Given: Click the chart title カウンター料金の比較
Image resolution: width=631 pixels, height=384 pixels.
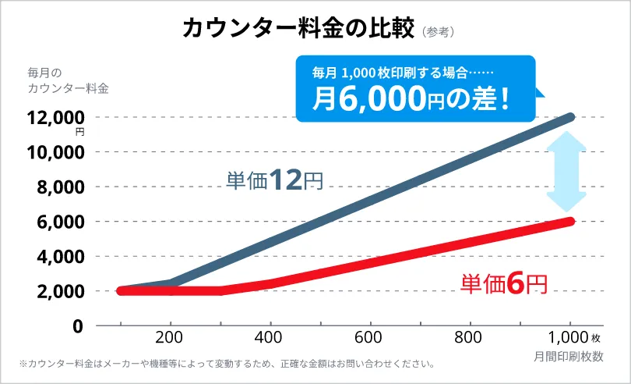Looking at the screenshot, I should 298,27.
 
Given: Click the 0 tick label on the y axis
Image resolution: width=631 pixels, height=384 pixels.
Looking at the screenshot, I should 77,326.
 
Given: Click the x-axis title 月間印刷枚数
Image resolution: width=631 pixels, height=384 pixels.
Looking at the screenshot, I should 569,355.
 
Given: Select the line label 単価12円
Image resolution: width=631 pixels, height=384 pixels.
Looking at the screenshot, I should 274,181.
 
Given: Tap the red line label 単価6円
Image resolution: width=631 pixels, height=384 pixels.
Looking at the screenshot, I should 504,283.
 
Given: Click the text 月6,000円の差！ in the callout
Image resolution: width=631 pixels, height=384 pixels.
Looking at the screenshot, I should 412,98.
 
